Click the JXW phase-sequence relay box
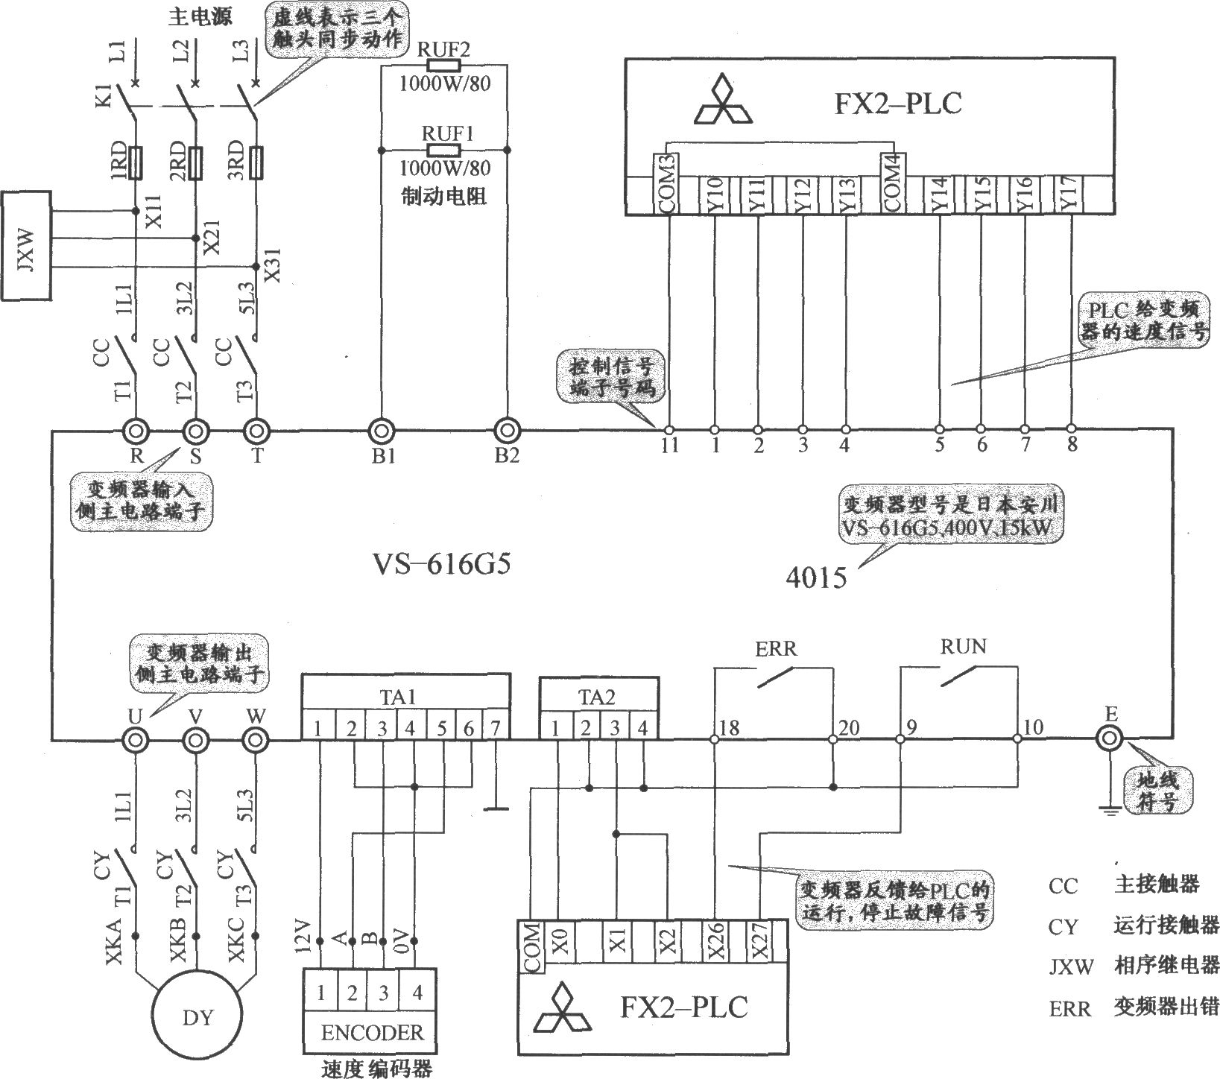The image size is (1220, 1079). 27,245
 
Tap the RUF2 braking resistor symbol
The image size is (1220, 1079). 444,66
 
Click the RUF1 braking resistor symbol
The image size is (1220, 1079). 444,150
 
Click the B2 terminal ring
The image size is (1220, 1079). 508,431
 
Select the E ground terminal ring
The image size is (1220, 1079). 1110,738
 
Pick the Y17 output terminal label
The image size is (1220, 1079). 1069,195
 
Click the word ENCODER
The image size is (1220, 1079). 372,1033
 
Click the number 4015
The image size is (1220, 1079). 815,578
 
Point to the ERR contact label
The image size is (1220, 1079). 776,648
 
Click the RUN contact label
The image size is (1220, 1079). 963,646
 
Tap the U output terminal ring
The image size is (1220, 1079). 135,741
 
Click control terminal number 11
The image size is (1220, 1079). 670,446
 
